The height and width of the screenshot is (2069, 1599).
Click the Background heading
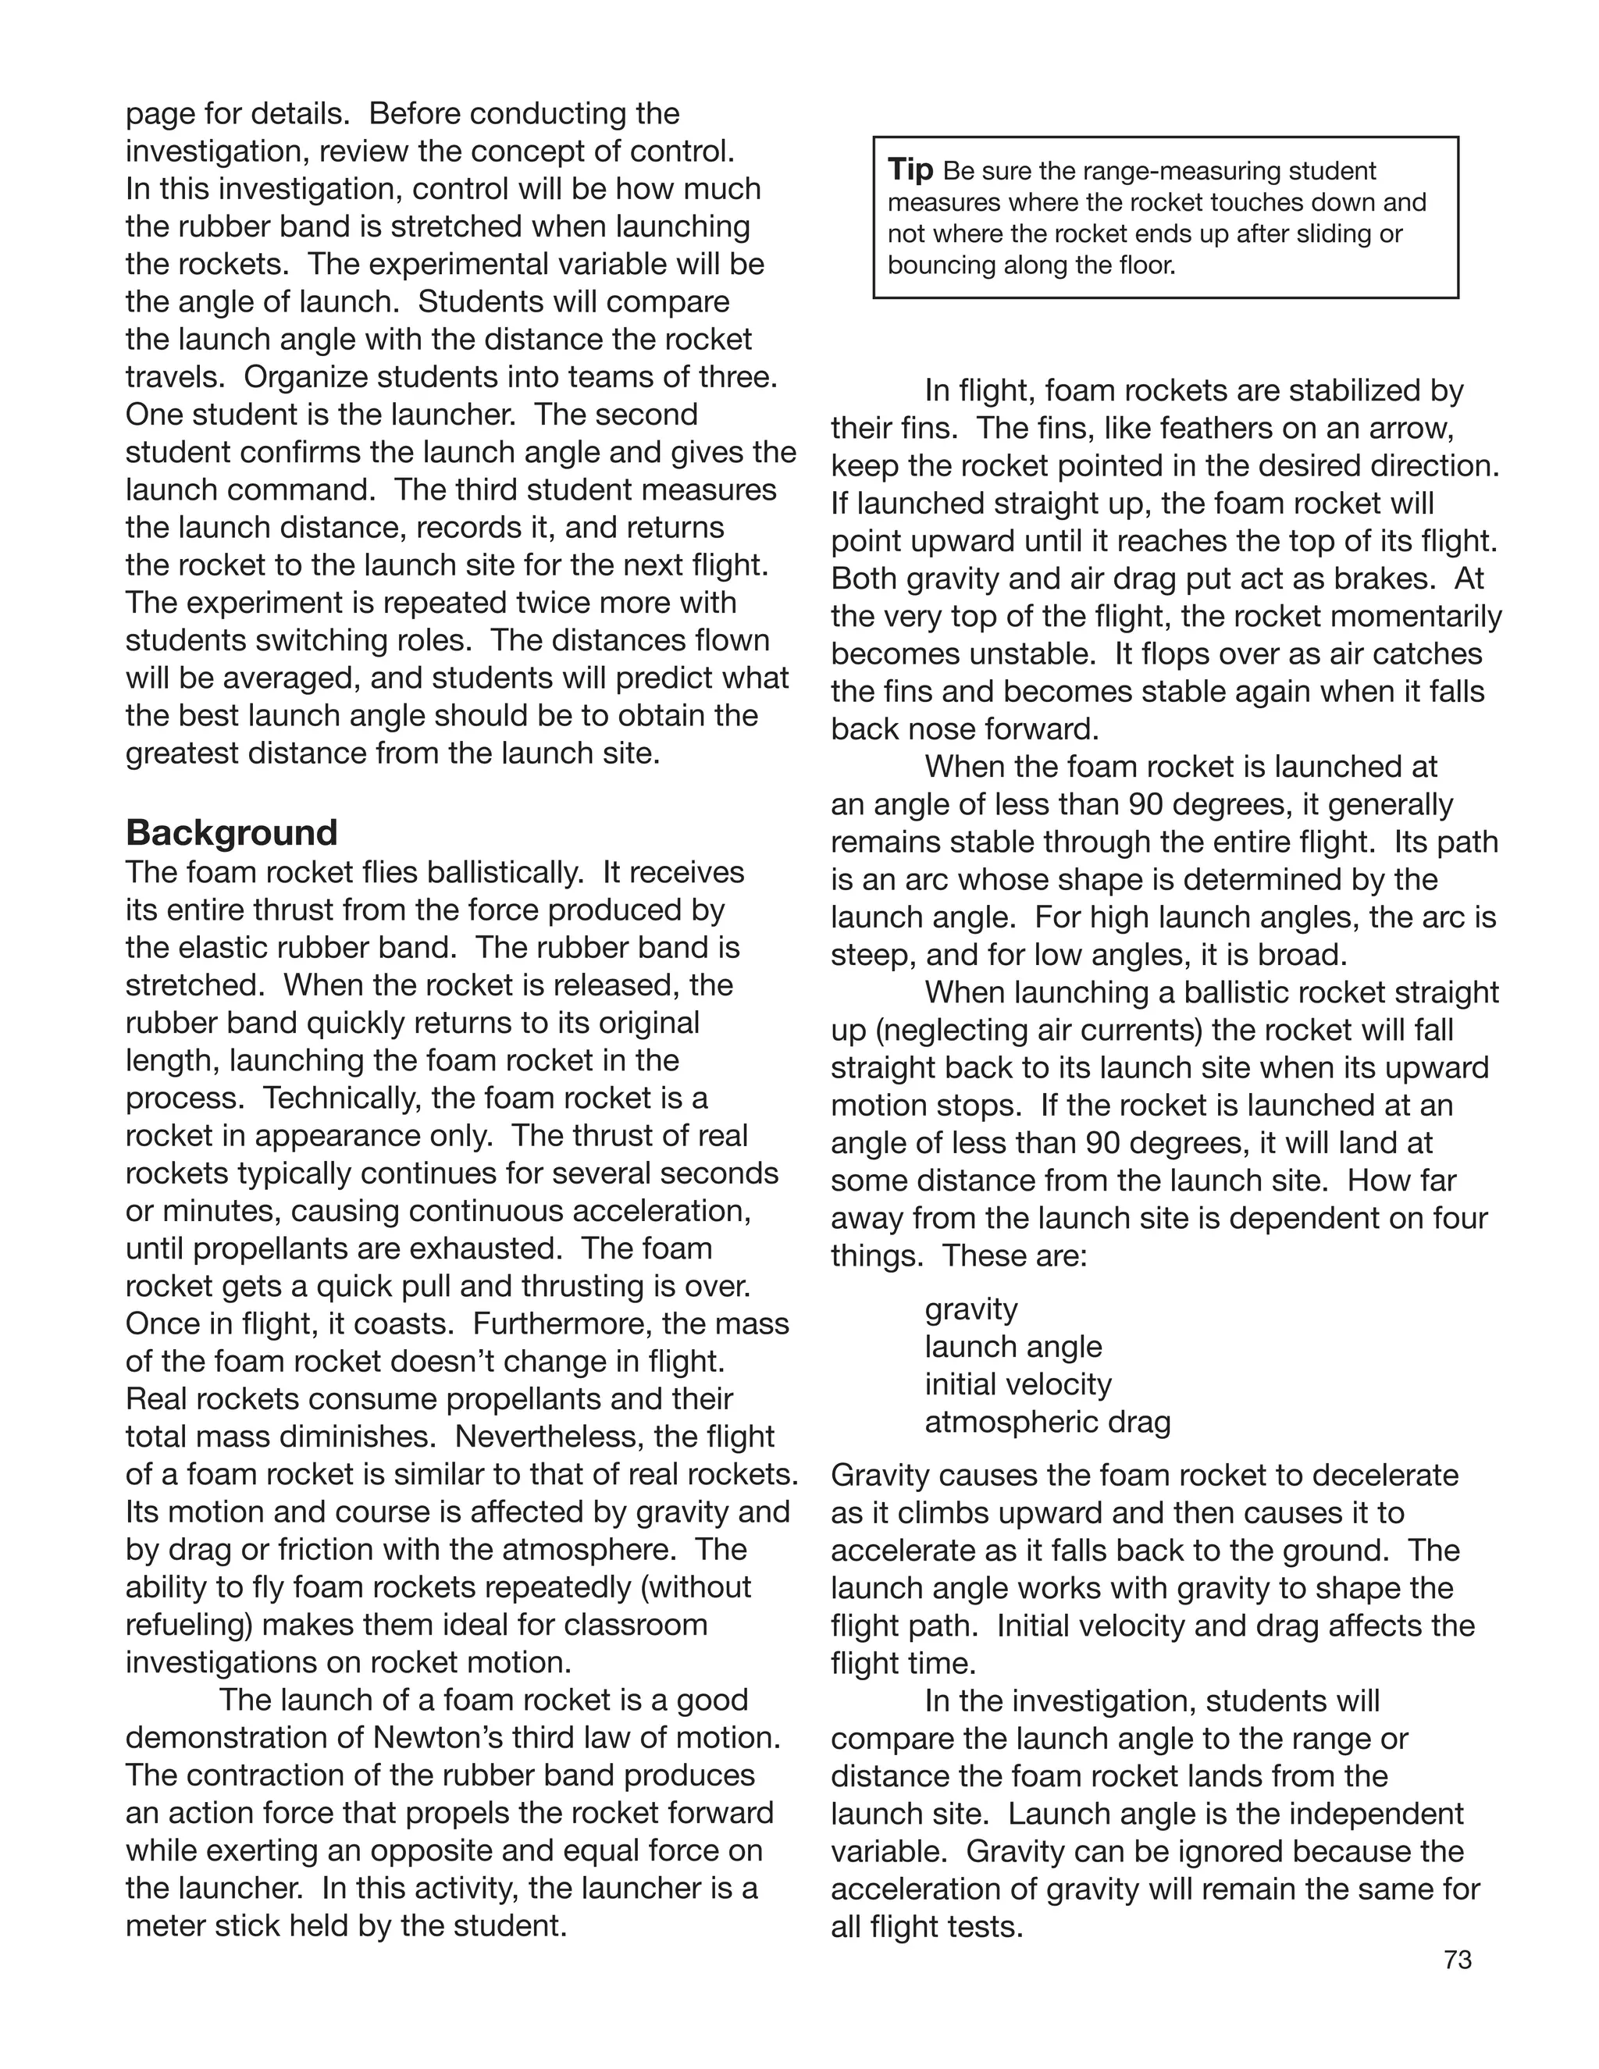click(231, 833)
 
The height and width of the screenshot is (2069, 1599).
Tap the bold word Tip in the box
click(910, 170)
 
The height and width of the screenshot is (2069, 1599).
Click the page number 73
click(1458, 1960)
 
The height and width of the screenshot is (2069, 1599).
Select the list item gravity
click(971, 1309)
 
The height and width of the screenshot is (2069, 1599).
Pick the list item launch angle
click(1013, 1347)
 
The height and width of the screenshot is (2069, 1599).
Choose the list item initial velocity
click(1017, 1384)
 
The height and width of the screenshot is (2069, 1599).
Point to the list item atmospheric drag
click(1047, 1422)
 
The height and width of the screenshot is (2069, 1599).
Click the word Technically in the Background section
click(341, 1098)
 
